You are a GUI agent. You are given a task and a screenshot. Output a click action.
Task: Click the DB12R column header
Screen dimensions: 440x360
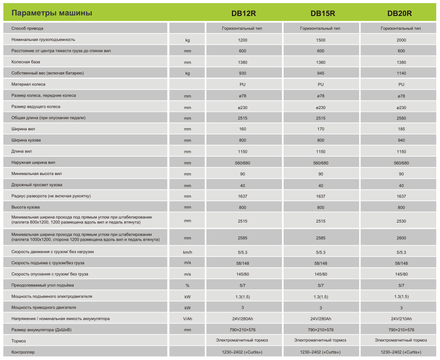[243, 13]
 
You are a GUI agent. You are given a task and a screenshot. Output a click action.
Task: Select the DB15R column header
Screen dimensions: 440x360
[323, 13]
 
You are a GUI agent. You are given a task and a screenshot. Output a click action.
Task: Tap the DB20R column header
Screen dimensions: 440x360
[399, 13]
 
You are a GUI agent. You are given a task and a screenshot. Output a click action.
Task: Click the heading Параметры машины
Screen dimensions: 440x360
[52, 13]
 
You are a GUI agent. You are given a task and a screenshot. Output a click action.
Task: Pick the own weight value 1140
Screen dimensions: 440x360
[401, 73]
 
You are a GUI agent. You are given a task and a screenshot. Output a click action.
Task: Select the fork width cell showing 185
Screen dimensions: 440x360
[401, 129]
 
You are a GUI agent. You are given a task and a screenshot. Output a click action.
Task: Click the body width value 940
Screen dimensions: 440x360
[401, 140]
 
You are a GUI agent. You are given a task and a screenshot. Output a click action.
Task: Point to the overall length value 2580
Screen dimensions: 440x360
[401, 118]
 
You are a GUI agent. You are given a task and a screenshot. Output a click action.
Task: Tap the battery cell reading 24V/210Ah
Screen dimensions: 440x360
[401, 319]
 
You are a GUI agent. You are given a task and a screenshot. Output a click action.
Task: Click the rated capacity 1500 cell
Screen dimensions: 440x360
[321, 40]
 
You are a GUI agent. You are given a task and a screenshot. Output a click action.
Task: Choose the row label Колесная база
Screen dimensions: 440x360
[25, 62]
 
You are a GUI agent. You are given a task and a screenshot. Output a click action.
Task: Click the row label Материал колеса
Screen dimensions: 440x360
[28, 84]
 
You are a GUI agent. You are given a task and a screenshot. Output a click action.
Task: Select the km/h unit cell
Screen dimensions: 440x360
[188, 252]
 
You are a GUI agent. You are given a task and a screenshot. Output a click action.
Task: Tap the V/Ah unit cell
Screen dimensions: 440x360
[188, 319]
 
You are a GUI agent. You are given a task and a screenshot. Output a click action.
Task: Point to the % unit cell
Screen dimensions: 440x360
[188, 285]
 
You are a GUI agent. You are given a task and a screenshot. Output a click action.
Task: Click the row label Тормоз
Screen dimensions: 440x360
[18, 341]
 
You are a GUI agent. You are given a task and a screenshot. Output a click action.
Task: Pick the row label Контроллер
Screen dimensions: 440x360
[23, 352]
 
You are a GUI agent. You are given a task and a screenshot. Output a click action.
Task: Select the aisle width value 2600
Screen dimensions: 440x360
[401, 238]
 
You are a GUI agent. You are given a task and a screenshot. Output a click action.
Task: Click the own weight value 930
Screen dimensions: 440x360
[242, 73]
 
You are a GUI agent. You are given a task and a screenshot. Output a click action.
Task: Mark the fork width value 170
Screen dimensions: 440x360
[321, 129]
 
